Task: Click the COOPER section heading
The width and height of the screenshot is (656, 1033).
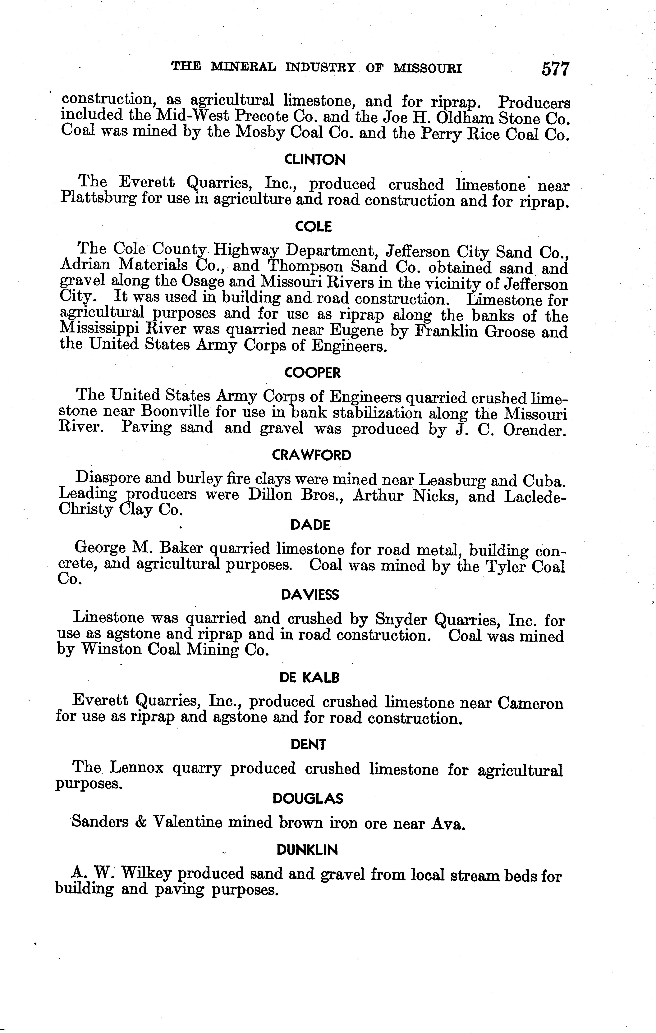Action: point(312,373)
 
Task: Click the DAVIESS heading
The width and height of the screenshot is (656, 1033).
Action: point(310,595)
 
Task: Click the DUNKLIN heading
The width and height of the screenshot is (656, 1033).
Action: point(307,850)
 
